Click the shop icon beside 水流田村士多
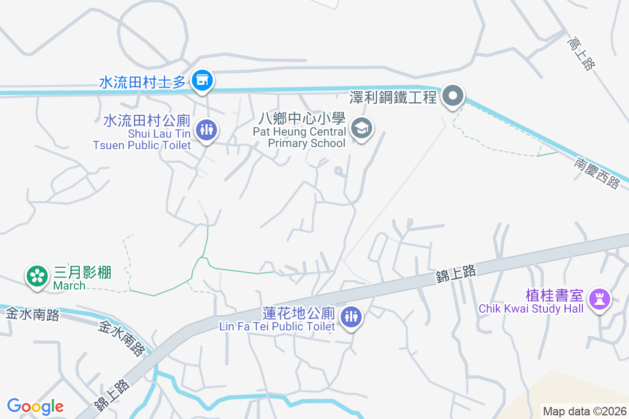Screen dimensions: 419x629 [x=201, y=81]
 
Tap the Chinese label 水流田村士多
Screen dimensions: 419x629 [x=143, y=82]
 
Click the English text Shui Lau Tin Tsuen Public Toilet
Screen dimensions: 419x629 [x=143, y=139]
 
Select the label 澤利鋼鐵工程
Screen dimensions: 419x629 [x=393, y=97]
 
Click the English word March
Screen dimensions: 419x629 [x=69, y=285]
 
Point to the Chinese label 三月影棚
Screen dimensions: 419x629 [x=83, y=273]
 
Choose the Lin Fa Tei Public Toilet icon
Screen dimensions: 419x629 [x=351, y=317]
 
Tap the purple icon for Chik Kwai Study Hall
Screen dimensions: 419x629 [x=598, y=299]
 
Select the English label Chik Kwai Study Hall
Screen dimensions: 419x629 [x=530, y=308]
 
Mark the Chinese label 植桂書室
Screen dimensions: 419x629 [x=555, y=295]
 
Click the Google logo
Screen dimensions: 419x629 [x=36, y=406]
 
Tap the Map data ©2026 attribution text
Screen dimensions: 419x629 [x=584, y=411]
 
